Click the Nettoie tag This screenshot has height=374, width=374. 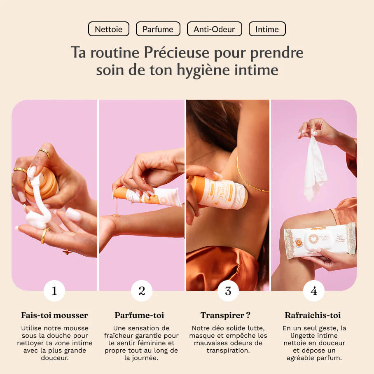coord(108,29)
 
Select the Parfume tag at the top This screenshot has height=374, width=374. coord(158,29)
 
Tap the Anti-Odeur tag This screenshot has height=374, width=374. coord(214,29)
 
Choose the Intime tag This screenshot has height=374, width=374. coord(267,29)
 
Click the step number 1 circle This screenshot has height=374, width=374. coord(54,291)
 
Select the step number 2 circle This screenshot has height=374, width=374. coord(142,291)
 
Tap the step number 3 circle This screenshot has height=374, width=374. coord(228,291)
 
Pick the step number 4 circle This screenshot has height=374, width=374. coord(314,291)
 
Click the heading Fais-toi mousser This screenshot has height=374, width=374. coord(54,316)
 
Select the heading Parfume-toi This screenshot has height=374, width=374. coord(139,316)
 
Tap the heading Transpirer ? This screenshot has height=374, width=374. coord(225,316)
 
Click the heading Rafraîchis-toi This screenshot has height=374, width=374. coord(313,316)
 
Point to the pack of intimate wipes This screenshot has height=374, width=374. coord(320,241)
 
